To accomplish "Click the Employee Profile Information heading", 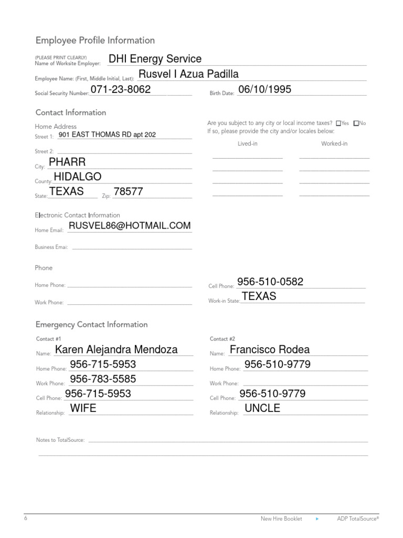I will pyautogui.click(x=95, y=40).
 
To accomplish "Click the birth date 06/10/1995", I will pyautogui.click(x=264, y=89).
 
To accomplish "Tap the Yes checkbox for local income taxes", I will pyautogui.click(x=338, y=123).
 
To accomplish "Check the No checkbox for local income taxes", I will pyautogui.click(x=356, y=123).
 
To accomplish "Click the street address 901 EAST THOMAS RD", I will pyautogui.click(x=107, y=135).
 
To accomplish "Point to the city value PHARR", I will pyautogui.click(x=67, y=161).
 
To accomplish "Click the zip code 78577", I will pyautogui.click(x=128, y=192).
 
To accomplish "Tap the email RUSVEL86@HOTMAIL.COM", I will pyautogui.click(x=130, y=225).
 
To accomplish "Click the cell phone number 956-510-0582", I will pyautogui.click(x=270, y=282).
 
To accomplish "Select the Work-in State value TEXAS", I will pyautogui.click(x=259, y=296).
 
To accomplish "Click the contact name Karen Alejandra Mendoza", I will pyautogui.click(x=116, y=349).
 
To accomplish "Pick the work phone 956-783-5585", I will pyautogui.click(x=103, y=379).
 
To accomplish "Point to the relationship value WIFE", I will pyautogui.click(x=83, y=408).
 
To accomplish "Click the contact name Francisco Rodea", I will pyautogui.click(x=270, y=349).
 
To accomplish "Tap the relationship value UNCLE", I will pyautogui.click(x=263, y=408).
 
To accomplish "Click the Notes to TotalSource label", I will pyautogui.click(x=60, y=440).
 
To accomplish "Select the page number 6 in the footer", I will pyautogui.click(x=25, y=518).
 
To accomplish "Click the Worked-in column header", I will pyautogui.click(x=334, y=143).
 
